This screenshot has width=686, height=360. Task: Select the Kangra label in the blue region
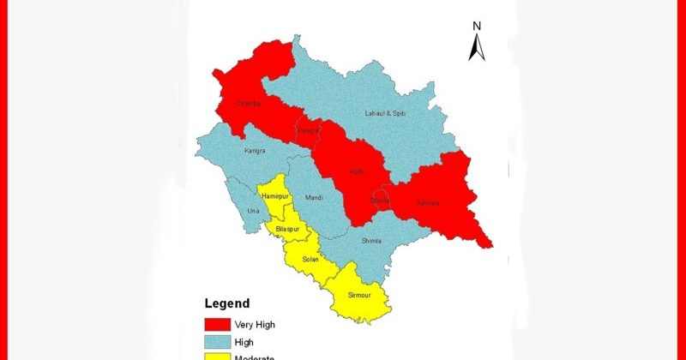(254, 151)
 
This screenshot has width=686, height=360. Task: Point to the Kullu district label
(357, 171)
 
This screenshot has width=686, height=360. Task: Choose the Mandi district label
(314, 198)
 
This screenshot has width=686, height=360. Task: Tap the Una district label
(252, 210)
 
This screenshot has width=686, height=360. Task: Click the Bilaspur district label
(288, 229)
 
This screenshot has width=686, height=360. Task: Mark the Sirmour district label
(359, 296)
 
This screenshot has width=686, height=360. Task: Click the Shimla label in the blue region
(373, 241)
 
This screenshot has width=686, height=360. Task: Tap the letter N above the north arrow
(477, 27)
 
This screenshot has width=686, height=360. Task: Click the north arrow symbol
(477, 48)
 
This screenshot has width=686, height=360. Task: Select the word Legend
(227, 303)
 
